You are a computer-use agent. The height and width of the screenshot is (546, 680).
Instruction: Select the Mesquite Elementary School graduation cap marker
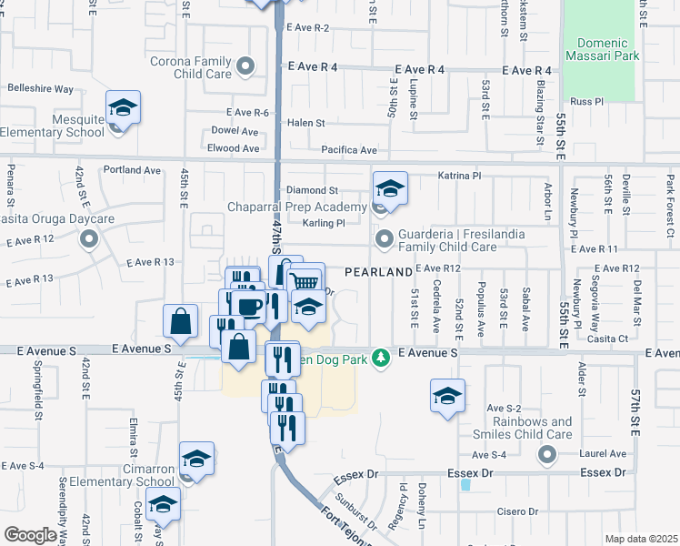[x=123, y=109]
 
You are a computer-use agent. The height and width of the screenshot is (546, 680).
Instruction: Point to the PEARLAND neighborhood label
[x=378, y=272]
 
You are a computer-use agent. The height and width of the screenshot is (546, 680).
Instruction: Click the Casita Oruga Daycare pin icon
[x=89, y=239]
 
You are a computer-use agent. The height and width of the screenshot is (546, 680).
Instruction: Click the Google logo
[x=31, y=535]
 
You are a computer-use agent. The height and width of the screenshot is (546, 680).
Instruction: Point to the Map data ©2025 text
[x=641, y=539]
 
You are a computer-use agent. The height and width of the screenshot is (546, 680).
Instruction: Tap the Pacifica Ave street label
[x=348, y=149]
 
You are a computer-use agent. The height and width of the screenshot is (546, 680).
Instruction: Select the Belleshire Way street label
[x=40, y=89]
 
